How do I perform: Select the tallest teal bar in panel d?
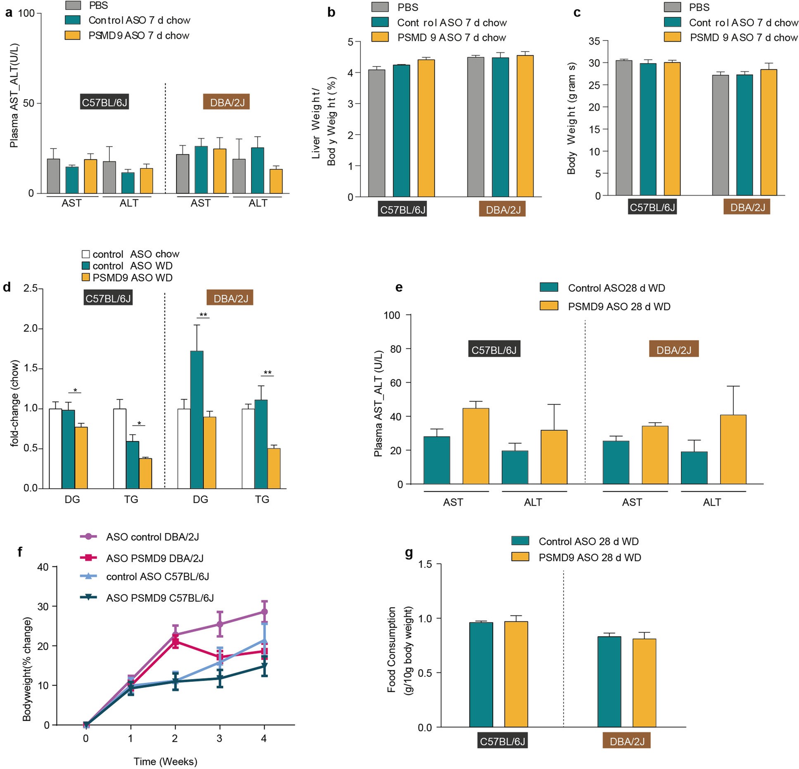point(197,419)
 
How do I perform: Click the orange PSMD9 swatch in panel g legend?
point(520,557)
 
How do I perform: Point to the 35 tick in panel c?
point(594,41)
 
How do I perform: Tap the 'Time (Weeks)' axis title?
point(165,761)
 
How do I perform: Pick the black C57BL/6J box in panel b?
point(403,210)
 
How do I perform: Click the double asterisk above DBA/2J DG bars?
point(203,315)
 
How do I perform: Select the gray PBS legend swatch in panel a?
point(73,5)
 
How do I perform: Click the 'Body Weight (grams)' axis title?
point(571,118)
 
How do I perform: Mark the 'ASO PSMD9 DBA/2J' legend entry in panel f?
point(154,558)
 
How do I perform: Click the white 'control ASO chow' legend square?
point(86,254)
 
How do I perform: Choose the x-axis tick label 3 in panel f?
point(219,738)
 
